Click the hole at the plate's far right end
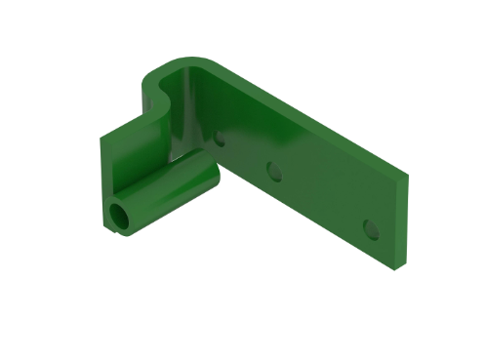tap(370, 228)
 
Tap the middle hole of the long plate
tap(274, 172)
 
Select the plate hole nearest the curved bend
tap(220, 138)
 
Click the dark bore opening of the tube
tap(120, 217)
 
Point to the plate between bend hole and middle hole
tap(246, 156)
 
